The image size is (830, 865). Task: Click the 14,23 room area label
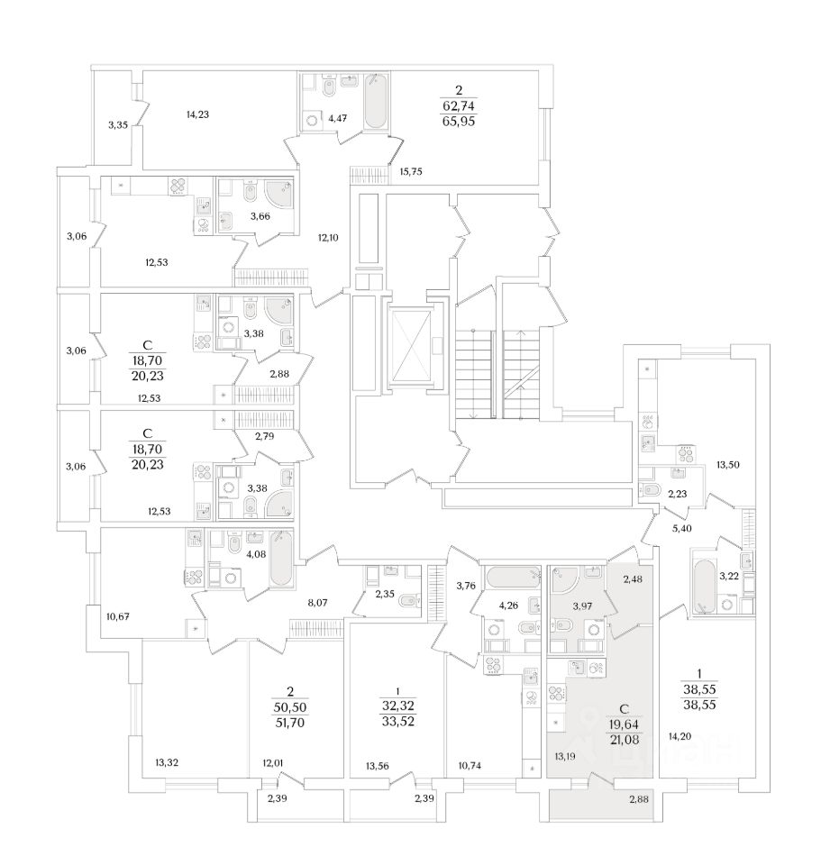[197, 114]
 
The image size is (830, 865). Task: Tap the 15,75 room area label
[411, 171]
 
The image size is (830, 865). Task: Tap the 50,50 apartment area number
[290, 706]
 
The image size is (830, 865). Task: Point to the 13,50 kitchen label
[728, 465]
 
